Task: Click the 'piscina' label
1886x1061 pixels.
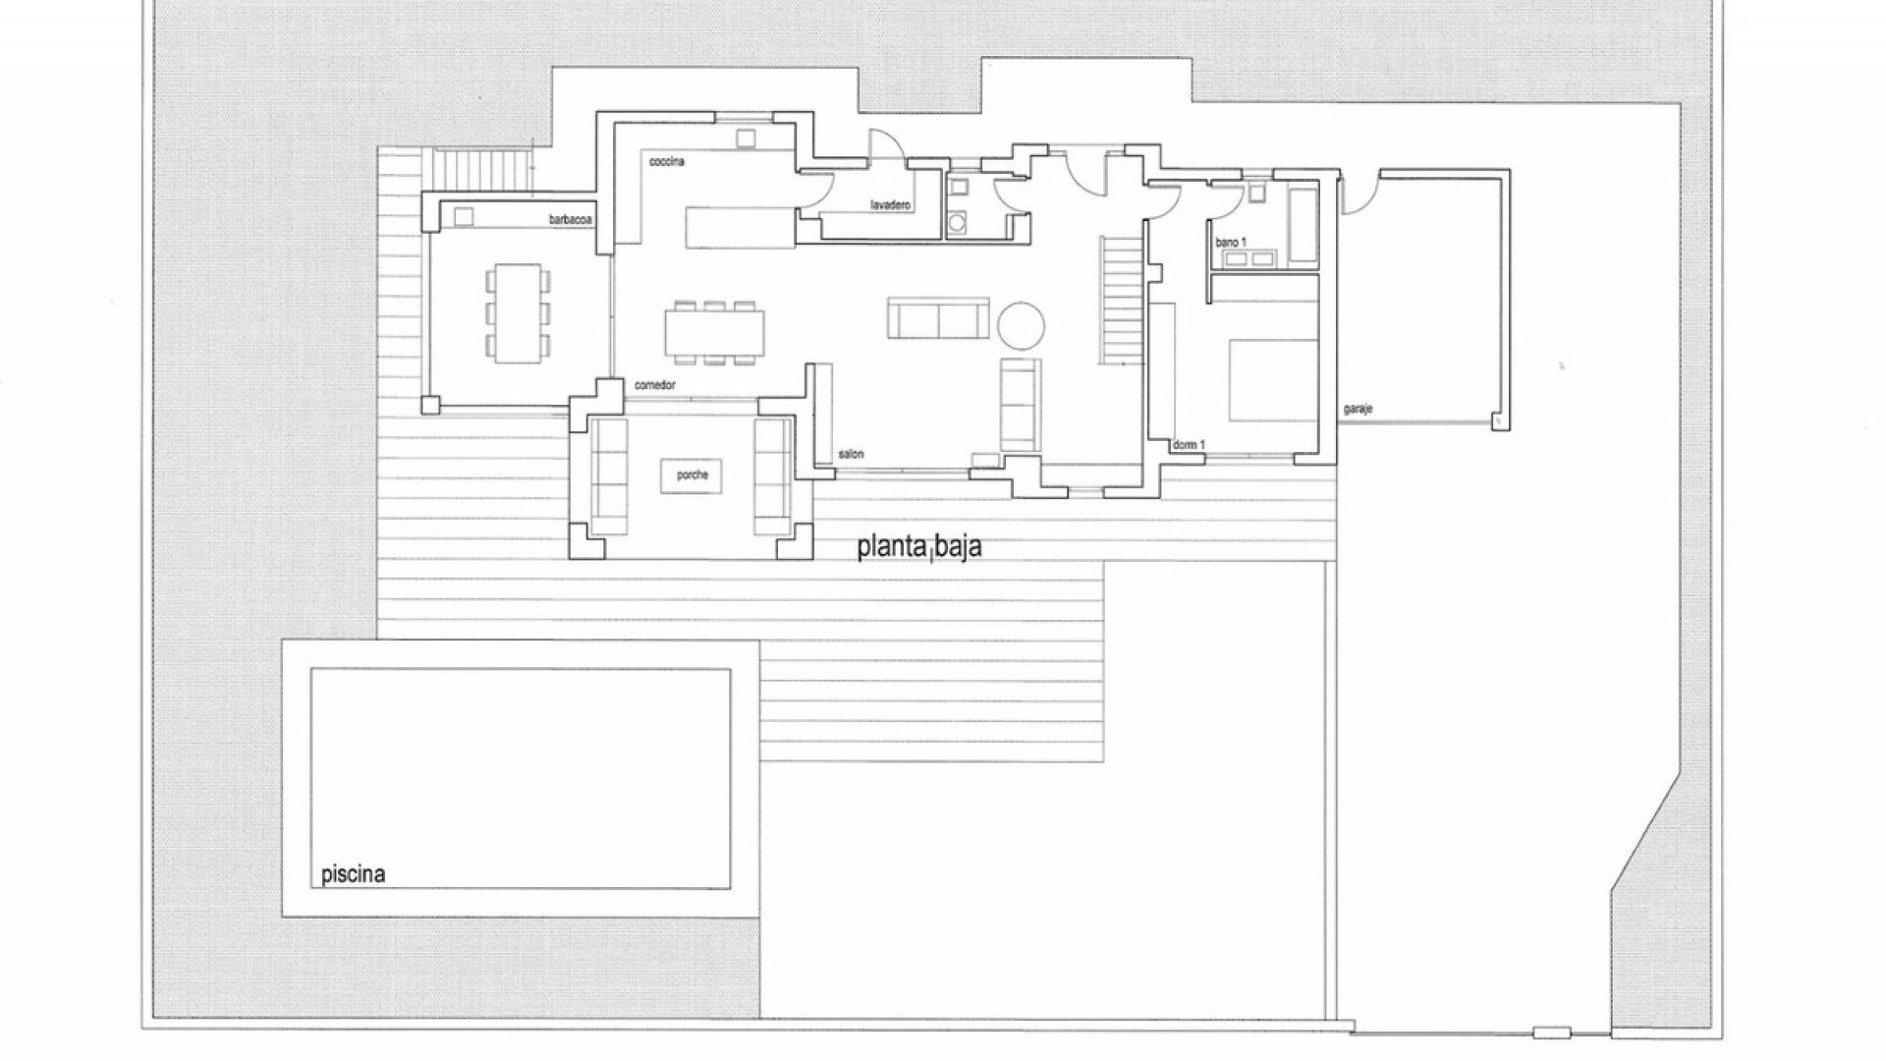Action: coord(353,874)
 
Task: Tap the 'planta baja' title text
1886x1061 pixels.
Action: coord(919,546)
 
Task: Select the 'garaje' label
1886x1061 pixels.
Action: coord(1358,408)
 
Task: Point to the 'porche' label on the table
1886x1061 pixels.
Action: coord(692,475)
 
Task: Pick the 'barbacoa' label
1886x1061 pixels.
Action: coord(570,221)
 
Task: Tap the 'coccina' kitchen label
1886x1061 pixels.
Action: coord(666,160)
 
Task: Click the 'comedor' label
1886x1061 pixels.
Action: coord(655,386)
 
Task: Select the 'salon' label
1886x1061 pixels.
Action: coord(851,454)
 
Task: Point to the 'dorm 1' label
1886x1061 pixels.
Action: coord(1189,445)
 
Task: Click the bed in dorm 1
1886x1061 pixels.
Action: coord(1272,380)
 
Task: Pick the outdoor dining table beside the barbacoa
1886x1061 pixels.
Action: coord(518,311)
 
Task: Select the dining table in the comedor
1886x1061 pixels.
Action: coord(714,331)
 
